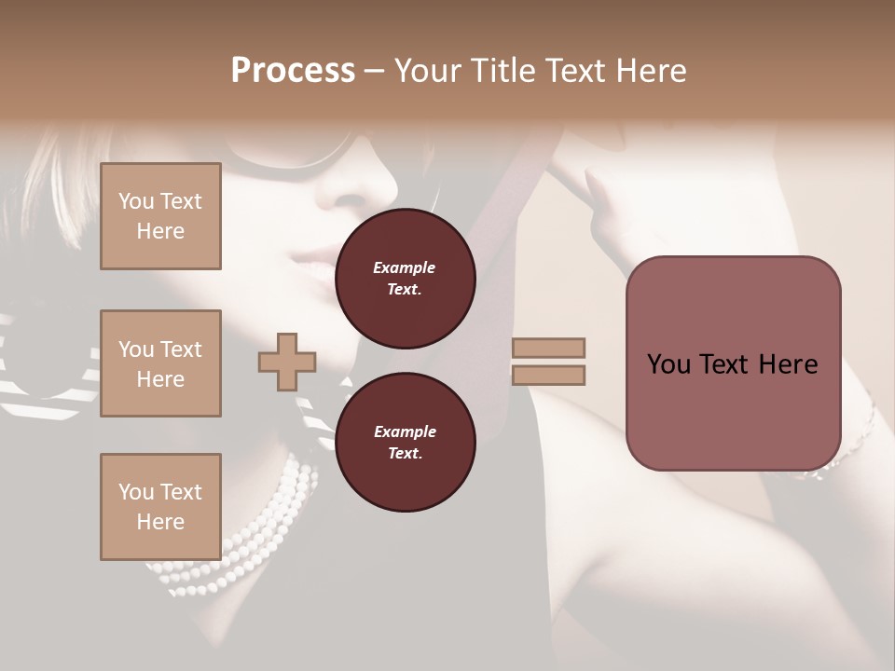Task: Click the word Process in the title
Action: tap(293, 71)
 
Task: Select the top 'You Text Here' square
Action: tap(160, 216)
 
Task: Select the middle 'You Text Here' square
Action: tap(160, 363)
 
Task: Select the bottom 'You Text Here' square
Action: tap(160, 507)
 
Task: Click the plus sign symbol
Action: tap(287, 362)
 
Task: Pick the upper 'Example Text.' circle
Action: tap(405, 278)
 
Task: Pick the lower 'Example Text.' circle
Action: tap(405, 442)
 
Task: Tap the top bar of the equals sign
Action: tap(548, 348)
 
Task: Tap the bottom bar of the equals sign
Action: tap(548, 375)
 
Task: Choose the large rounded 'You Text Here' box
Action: tap(733, 363)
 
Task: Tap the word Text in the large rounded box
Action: tap(731, 364)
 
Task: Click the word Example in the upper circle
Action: tap(405, 267)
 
